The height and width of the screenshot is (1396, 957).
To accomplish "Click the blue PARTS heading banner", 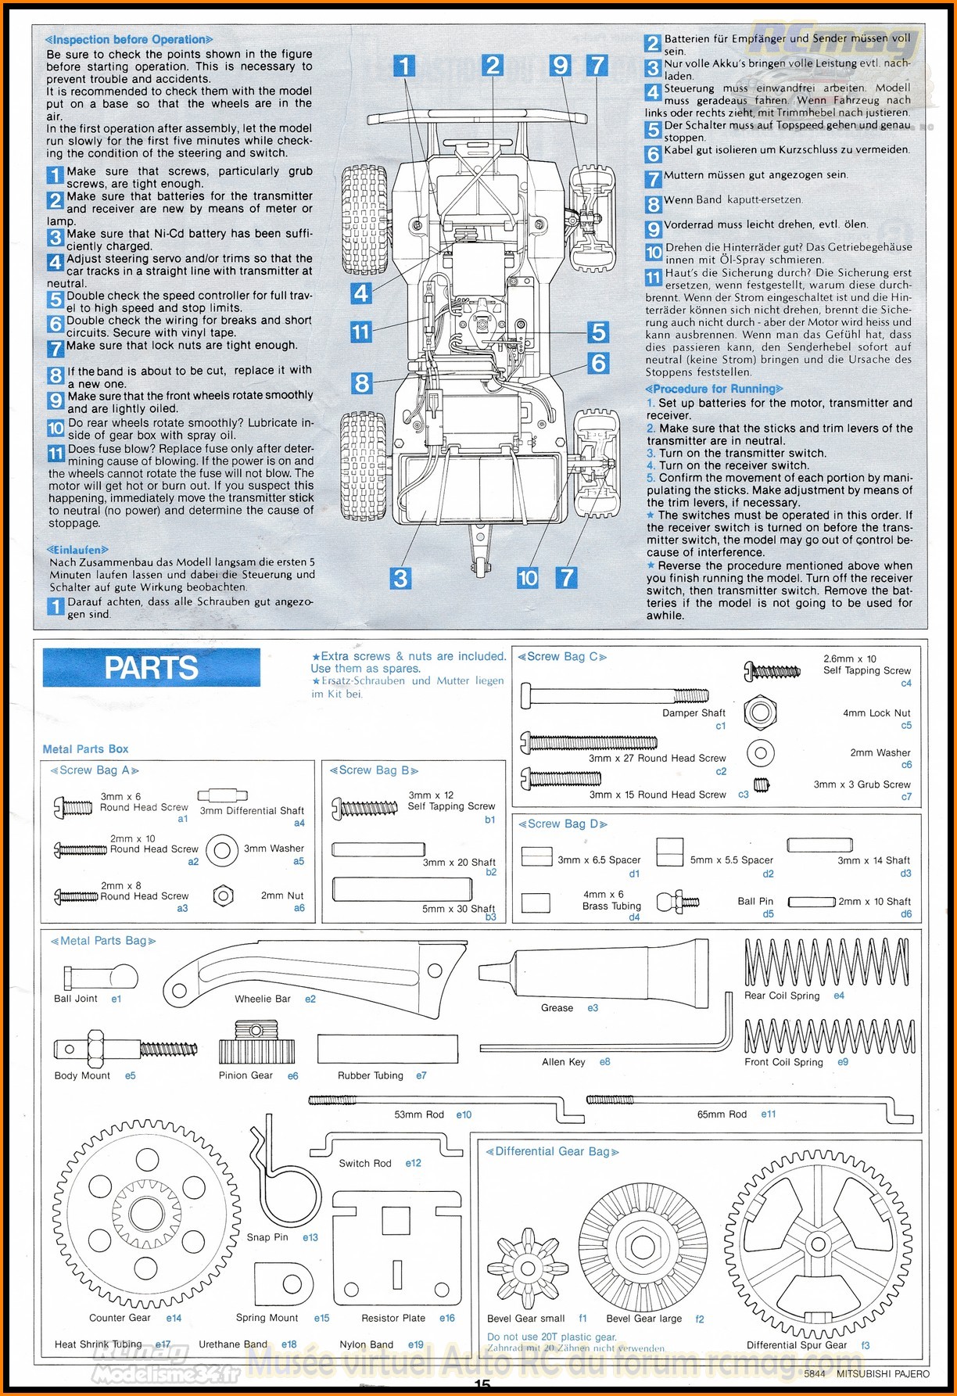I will click(x=151, y=668).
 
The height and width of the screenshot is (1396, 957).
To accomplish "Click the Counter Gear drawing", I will click(x=146, y=1214).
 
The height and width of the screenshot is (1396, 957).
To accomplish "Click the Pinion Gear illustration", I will click(x=256, y=1042).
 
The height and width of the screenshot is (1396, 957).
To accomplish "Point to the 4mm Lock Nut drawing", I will click(x=760, y=712).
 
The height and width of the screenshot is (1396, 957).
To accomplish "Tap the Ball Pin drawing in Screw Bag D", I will click(x=677, y=902).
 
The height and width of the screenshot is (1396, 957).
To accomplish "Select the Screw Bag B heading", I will click(x=374, y=770).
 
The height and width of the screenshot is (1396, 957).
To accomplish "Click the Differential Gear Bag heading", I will click(x=552, y=1151).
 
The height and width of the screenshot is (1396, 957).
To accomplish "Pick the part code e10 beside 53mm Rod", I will click(x=464, y=1114).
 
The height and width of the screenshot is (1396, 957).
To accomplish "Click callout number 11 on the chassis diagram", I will click(x=360, y=332).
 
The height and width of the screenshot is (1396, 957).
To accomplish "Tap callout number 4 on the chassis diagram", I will click(x=360, y=293).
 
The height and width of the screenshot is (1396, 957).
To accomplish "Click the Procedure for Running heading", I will click(x=714, y=389).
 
